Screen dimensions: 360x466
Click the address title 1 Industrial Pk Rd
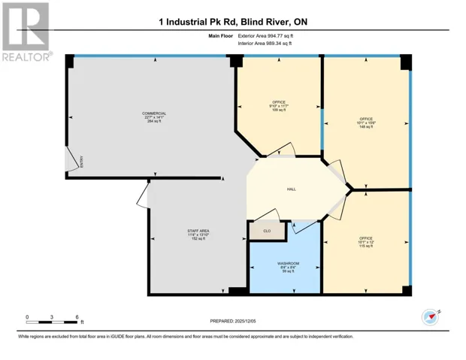pos(233,22)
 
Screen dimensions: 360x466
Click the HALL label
pos(290,189)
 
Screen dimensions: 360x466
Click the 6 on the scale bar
pos(77,317)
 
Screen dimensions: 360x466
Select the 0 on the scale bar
pos(28,317)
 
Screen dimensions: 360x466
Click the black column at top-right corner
pos(406,62)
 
